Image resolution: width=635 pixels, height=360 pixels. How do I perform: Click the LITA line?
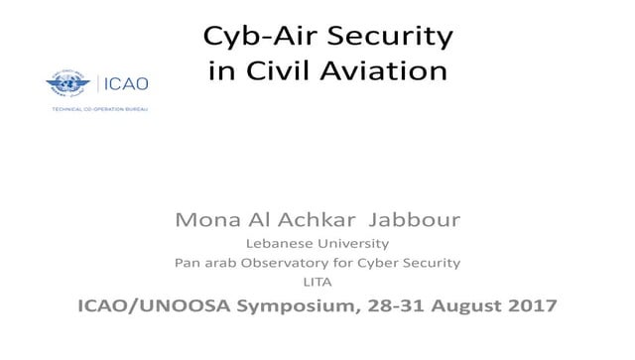[317, 284]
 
